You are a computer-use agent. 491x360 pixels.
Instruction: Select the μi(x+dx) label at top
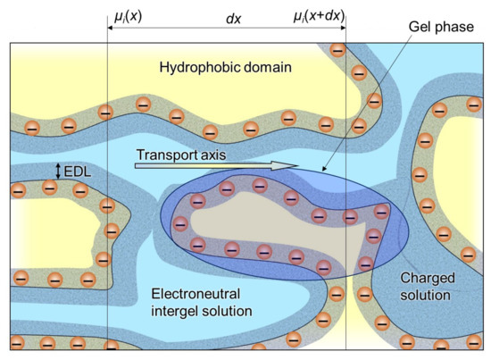click(x=319, y=15)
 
